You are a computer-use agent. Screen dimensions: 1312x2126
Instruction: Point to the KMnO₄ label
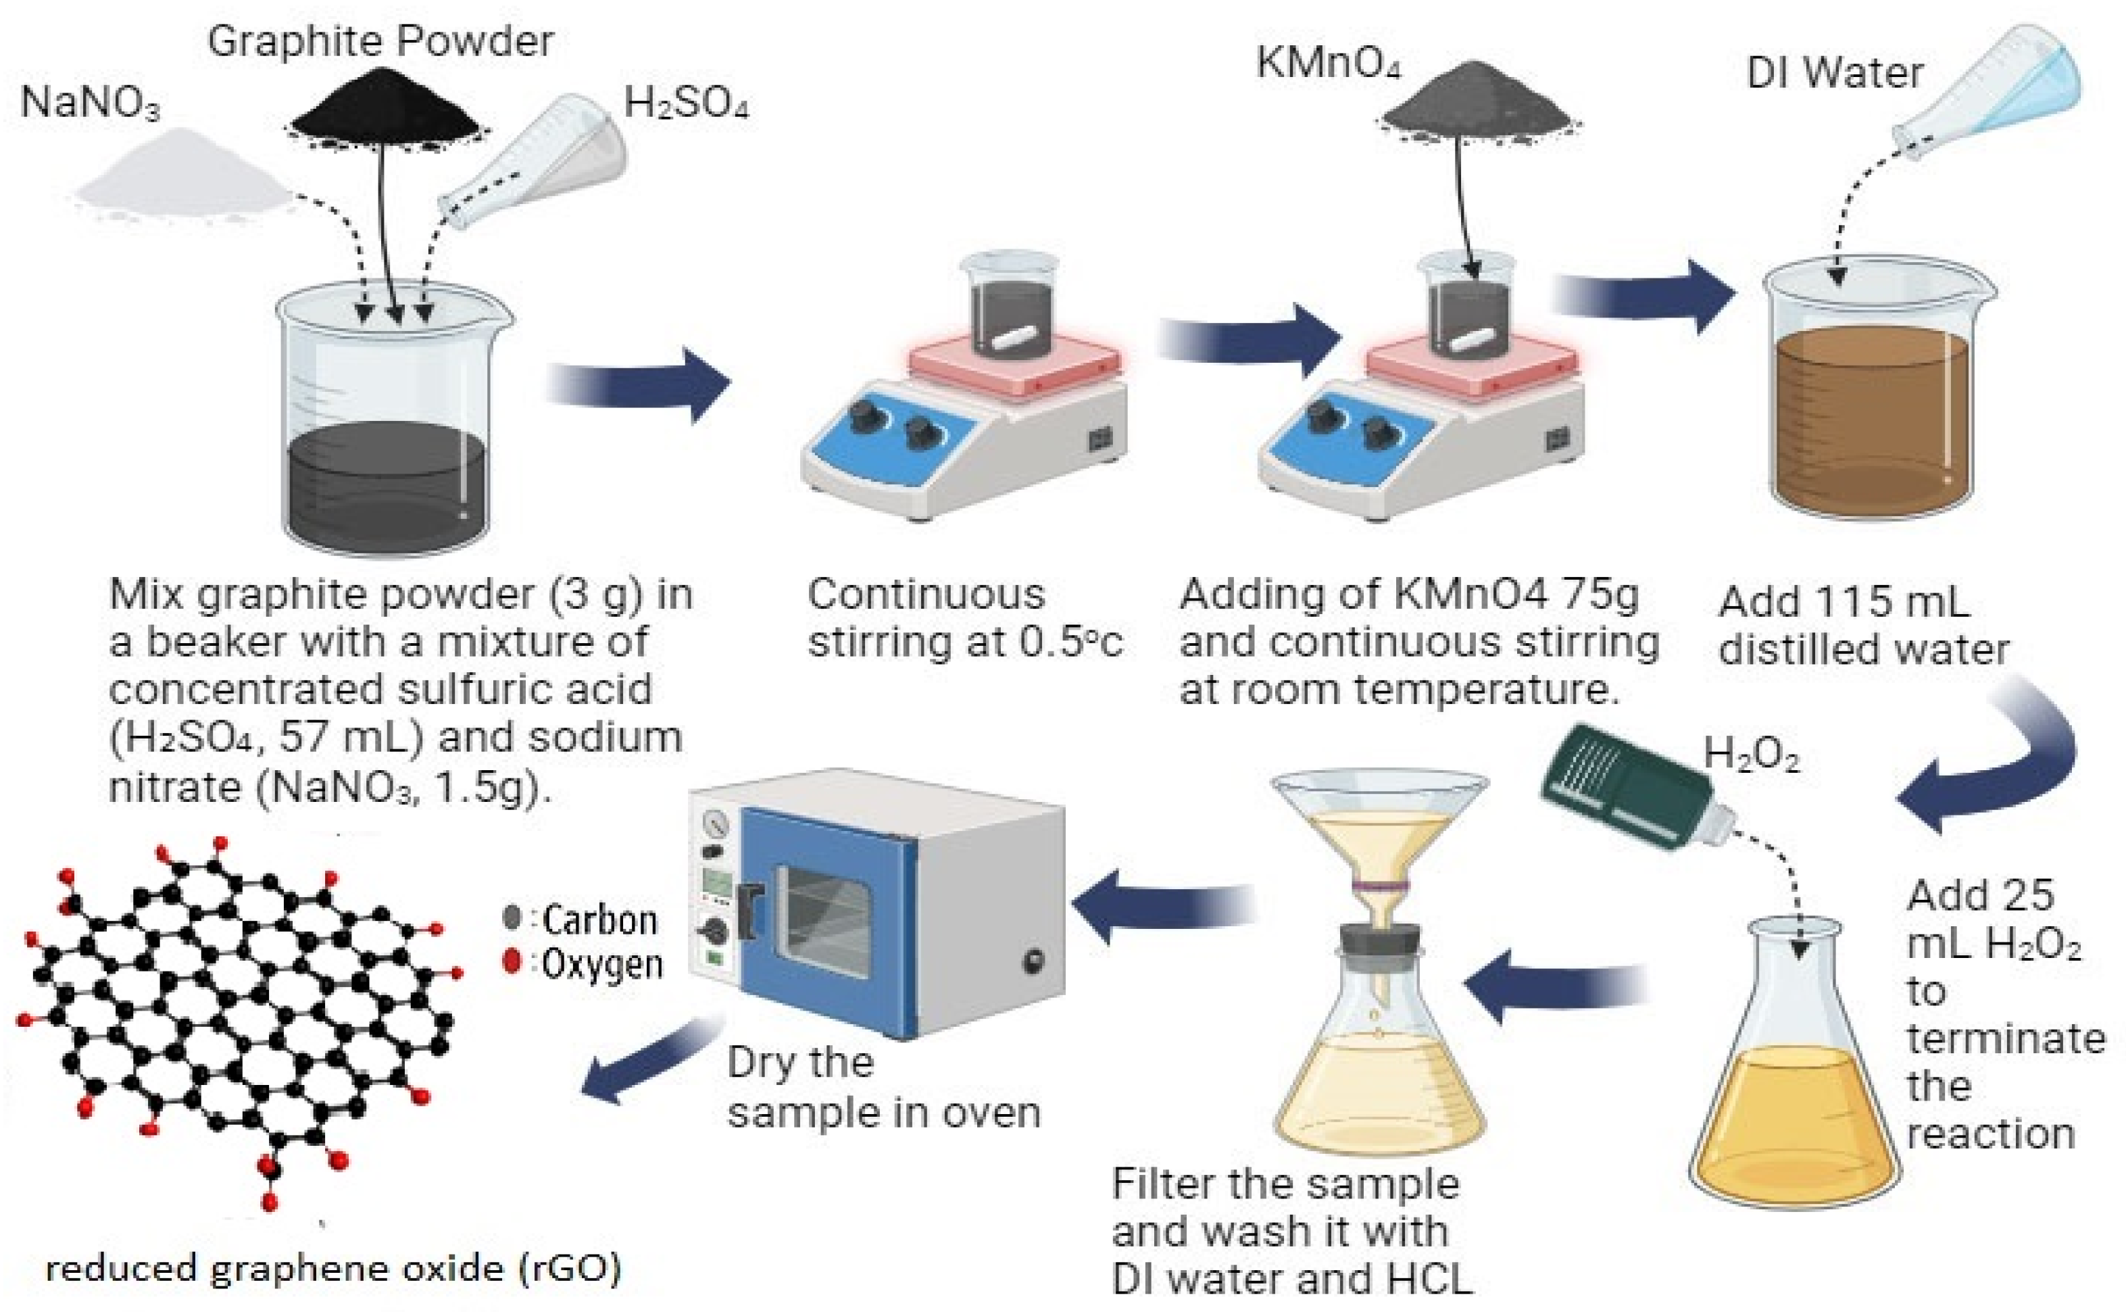point(1329,64)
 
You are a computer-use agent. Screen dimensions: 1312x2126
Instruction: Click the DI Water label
point(1833,73)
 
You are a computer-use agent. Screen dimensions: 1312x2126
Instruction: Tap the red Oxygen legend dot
point(512,961)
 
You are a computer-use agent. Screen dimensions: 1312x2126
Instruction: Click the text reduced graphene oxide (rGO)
point(333,1269)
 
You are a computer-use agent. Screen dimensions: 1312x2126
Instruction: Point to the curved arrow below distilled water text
point(1996,763)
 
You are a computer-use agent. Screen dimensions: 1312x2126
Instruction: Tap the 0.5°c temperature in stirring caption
point(1071,642)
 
